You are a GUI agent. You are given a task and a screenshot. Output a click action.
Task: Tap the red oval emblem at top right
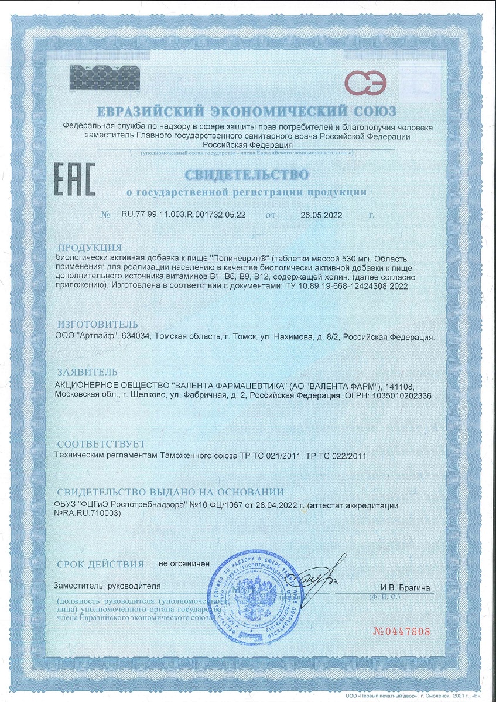click(x=365, y=82)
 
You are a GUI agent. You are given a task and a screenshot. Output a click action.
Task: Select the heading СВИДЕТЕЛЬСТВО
click(x=246, y=174)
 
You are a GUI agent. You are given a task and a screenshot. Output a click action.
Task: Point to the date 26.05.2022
click(x=321, y=215)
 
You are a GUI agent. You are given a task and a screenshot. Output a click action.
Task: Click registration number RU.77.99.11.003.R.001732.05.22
click(x=183, y=215)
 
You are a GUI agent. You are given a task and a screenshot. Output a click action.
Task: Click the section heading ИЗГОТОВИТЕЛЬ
click(x=98, y=325)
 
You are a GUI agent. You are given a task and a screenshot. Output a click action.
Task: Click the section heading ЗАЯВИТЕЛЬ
click(x=87, y=372)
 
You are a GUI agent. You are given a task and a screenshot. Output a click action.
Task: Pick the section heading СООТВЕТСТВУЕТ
click(x=101, y=444)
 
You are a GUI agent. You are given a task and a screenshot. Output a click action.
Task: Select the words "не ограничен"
click(x=184, y=564)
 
